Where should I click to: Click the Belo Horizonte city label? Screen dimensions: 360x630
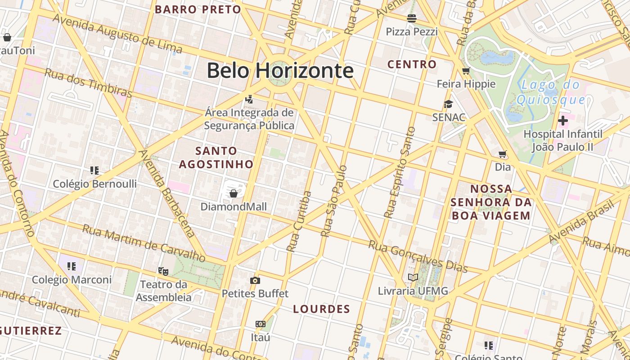[x=280, y=71]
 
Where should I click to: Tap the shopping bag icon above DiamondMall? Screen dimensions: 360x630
[x=234, y=193]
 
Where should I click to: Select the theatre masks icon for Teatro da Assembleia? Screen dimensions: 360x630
[x=163, y=271]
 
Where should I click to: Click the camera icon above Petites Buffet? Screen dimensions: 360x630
[x=255, y=280]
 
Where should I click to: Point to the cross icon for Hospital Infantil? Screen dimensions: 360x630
[x=562, y=121]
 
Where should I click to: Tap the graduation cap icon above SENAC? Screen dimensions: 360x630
[x=448, y=104]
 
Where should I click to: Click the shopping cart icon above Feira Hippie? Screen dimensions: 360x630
[x=466, y=71]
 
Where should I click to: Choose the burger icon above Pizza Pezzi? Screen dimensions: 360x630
[x=411, y=18]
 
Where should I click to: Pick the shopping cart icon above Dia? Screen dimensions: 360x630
[x=503, y=154]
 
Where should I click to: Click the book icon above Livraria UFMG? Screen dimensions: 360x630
[x=413, y=277]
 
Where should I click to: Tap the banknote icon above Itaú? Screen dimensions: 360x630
[x=261, y=324]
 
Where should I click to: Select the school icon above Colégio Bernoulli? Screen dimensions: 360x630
[x=94, y=170]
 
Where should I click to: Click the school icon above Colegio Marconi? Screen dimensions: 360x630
[x=72, y=266]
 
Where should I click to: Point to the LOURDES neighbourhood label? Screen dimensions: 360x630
[x=321, y=309]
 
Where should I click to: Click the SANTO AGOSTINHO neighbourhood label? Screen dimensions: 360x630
[x=216, y=157]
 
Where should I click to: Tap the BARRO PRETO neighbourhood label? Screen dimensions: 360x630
[x=198, y=9]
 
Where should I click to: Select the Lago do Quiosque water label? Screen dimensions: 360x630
[x=551, y=92]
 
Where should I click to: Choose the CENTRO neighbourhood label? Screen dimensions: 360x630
[x=412, y=64]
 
